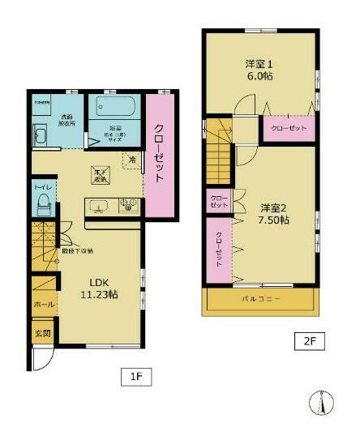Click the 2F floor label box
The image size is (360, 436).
(309, 340)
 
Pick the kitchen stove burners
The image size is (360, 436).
(128, 206)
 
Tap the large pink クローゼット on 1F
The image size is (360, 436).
(159, 156)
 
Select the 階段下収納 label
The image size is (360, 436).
(82, 251)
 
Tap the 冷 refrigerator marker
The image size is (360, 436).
(131, 160)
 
